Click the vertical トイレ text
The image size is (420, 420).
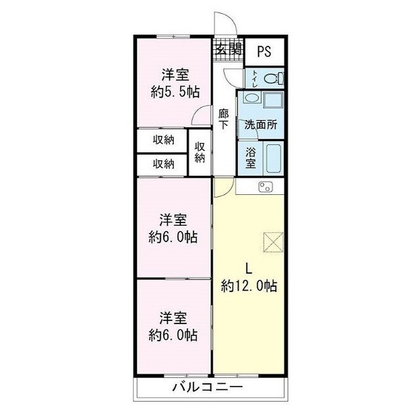253,79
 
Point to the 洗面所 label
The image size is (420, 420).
260,124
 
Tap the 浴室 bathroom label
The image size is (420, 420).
251,157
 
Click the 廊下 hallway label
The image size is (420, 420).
224,118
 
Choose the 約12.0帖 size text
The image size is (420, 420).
249,286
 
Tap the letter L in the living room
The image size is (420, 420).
249,268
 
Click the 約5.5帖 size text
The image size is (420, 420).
175,92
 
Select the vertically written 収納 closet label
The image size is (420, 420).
199,152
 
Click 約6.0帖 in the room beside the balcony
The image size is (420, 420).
173,335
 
